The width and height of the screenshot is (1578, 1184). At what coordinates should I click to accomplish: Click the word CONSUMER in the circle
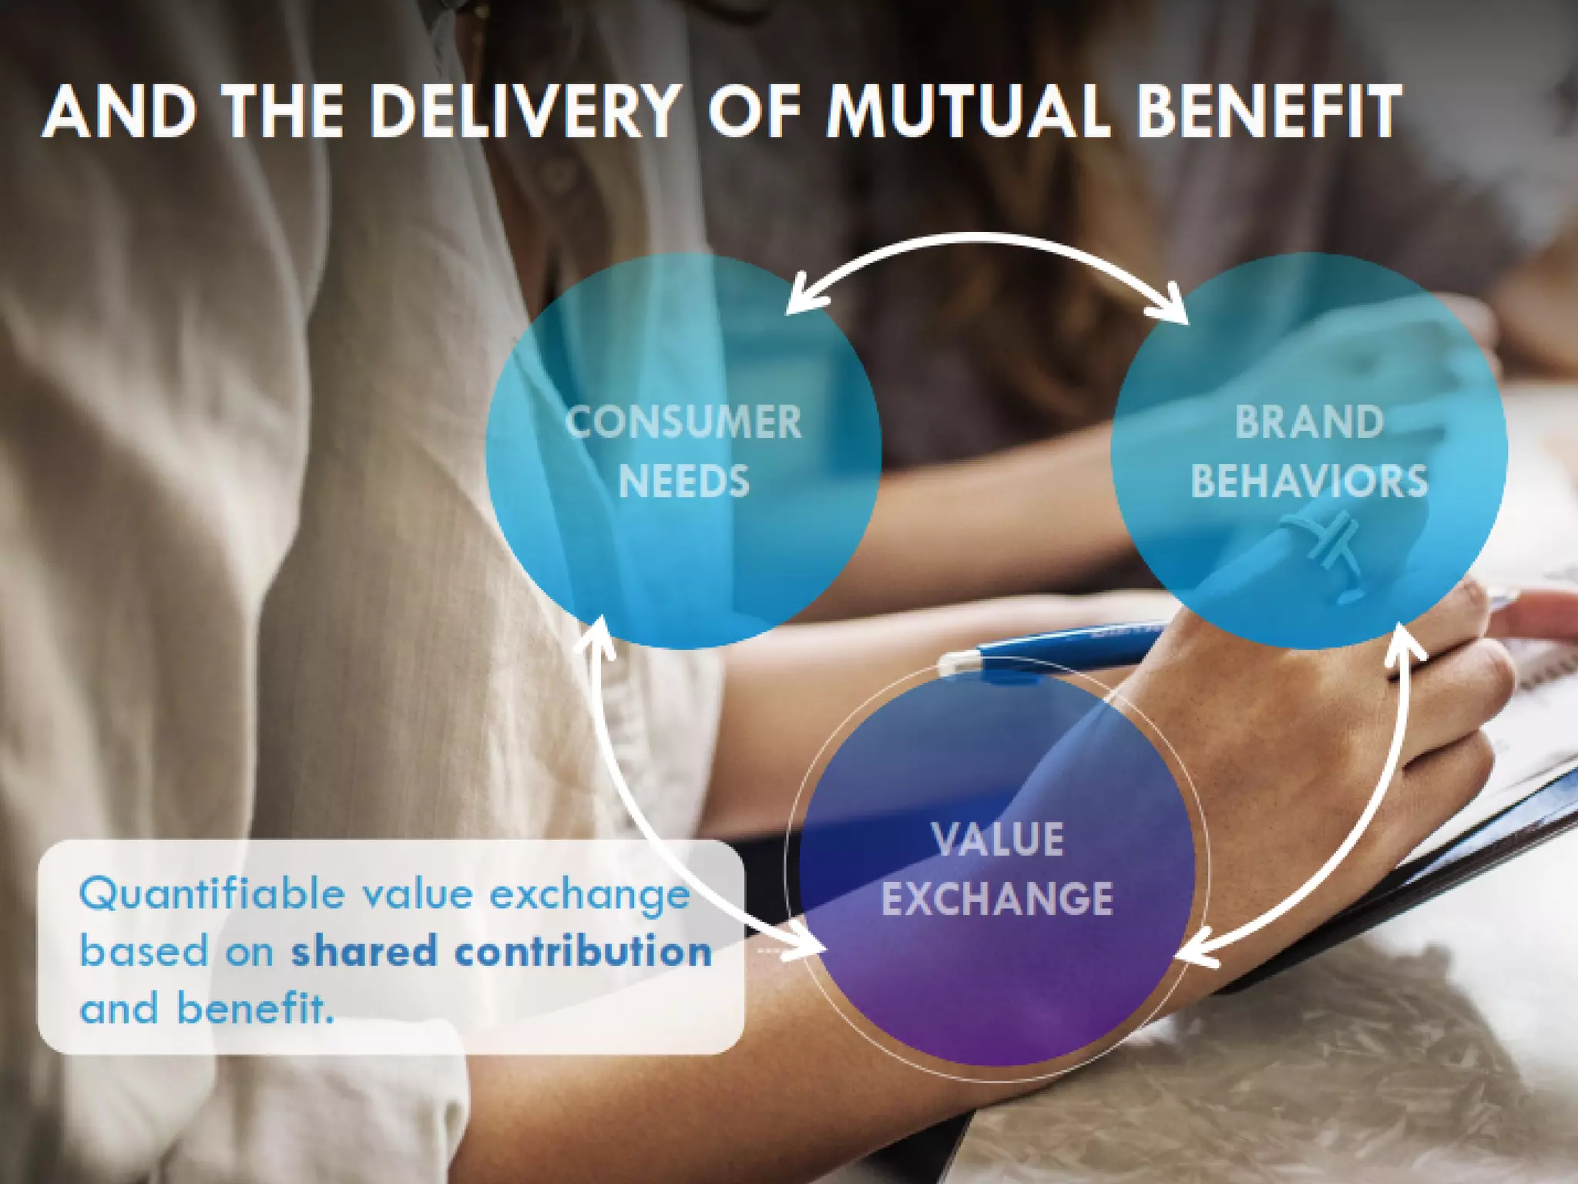(x=683, y=423)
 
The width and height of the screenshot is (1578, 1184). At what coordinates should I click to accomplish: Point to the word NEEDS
(x=683, y=482)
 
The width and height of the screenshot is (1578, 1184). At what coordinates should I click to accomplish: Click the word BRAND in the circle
(x=1309, y=423)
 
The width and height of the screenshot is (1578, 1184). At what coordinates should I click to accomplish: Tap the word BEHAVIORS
(x=1309, y=482)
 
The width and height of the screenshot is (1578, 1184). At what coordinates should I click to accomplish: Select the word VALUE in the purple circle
(x=997, y=839)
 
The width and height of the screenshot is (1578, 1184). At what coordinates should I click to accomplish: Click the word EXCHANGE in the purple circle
(x=997, y=899)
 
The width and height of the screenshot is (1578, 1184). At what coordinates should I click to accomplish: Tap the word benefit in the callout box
(x=254, y=1008)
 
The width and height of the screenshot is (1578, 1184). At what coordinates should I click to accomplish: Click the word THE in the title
(x=285, y=112)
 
